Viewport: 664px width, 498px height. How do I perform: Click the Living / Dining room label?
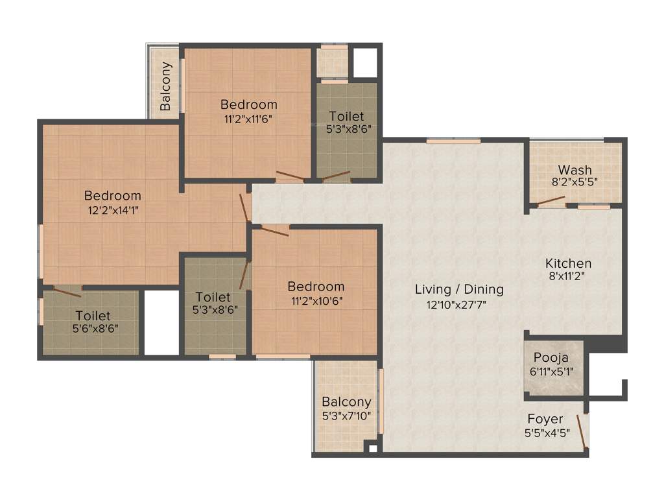click(459, 289)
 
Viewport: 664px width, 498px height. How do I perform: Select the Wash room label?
click(575, 170)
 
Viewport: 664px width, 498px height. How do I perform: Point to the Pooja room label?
click(551, 357)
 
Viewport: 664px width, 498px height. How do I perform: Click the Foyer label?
click(545, 419)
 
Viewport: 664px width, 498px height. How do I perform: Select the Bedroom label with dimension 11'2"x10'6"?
click(316, 286)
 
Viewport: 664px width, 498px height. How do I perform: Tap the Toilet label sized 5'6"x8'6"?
click(93, 315)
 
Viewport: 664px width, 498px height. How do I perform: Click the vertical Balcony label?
click(166, 86)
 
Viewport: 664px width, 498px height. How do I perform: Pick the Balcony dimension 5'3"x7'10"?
click(347, 416)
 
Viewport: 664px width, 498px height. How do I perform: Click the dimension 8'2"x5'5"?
click(575, 182)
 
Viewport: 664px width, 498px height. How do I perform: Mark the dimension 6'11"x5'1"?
click(551, 371)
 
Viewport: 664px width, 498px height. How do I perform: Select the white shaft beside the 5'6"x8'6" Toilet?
click(161, 322)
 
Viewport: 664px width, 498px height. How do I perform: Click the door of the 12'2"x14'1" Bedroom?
click(244, 206)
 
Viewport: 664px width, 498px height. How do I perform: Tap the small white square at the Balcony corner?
click(372, 447)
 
